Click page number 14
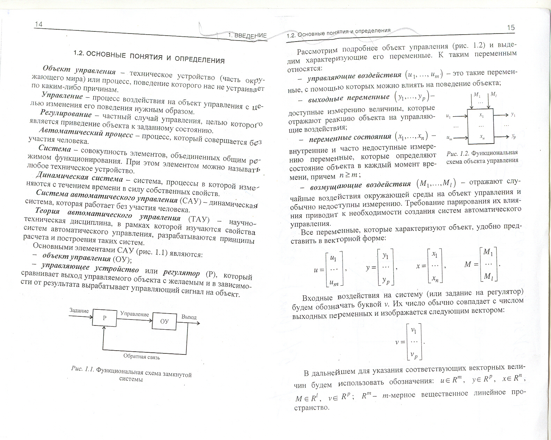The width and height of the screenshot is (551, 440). coord(38,24)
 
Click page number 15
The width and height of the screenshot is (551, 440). coord(510,28)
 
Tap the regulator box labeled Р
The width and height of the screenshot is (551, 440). coord(104,318)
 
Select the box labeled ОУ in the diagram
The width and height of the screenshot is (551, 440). coord(164,321)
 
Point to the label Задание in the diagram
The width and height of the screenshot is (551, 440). coord(79,310)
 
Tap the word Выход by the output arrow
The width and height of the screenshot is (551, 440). coord(189,317)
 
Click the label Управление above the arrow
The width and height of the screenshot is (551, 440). coord(134,314)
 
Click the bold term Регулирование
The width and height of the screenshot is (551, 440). coord(66,114)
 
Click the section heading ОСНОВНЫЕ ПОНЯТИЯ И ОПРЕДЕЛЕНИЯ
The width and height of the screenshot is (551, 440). coord(149,57)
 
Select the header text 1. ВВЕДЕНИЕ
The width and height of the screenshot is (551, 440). coord(247,35)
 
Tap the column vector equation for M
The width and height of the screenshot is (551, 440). coord(482,264)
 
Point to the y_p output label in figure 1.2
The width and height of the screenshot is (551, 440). coord(513,137)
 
